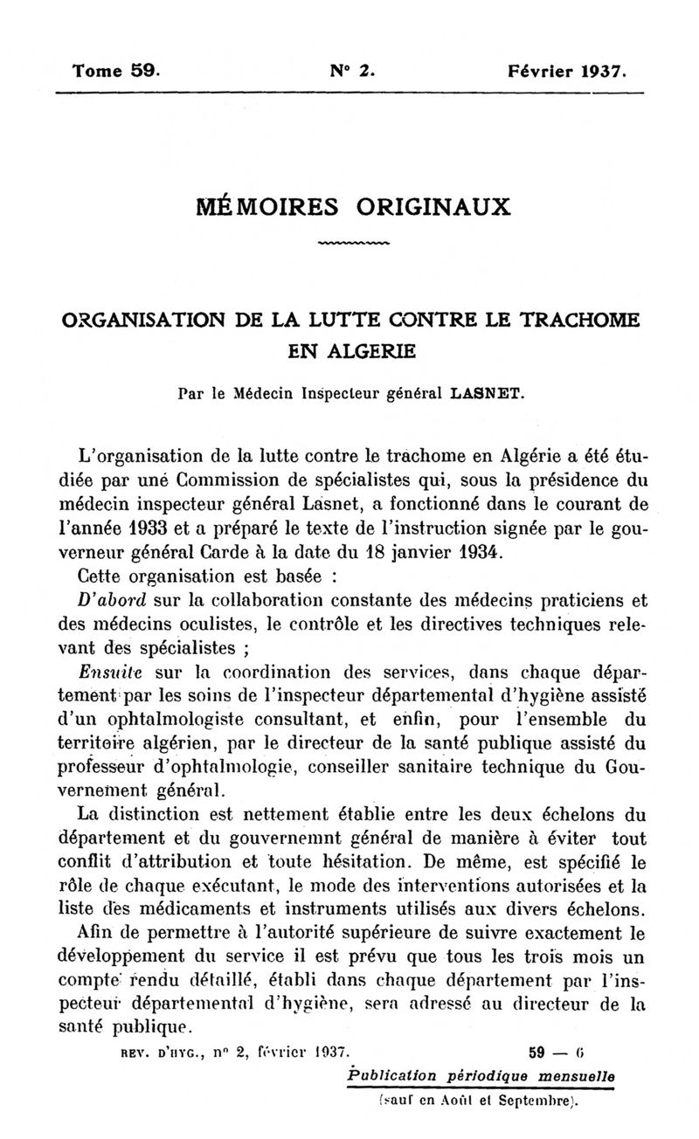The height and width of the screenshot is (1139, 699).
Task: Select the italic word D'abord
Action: (x=111, y=600)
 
